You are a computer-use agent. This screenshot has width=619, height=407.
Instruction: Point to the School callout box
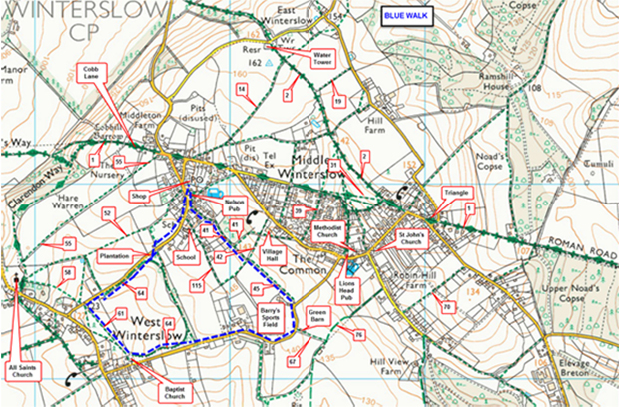pyautogui.click(x=185, y=257)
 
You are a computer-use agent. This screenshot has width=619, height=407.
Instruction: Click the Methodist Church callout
pyautogui.click(x=329, y=233)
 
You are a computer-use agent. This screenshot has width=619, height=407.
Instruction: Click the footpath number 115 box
pyautogui.click(x=197, y=286)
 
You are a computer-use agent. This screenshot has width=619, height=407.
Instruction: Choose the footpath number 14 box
pyautogui.click(x=242, y=90)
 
